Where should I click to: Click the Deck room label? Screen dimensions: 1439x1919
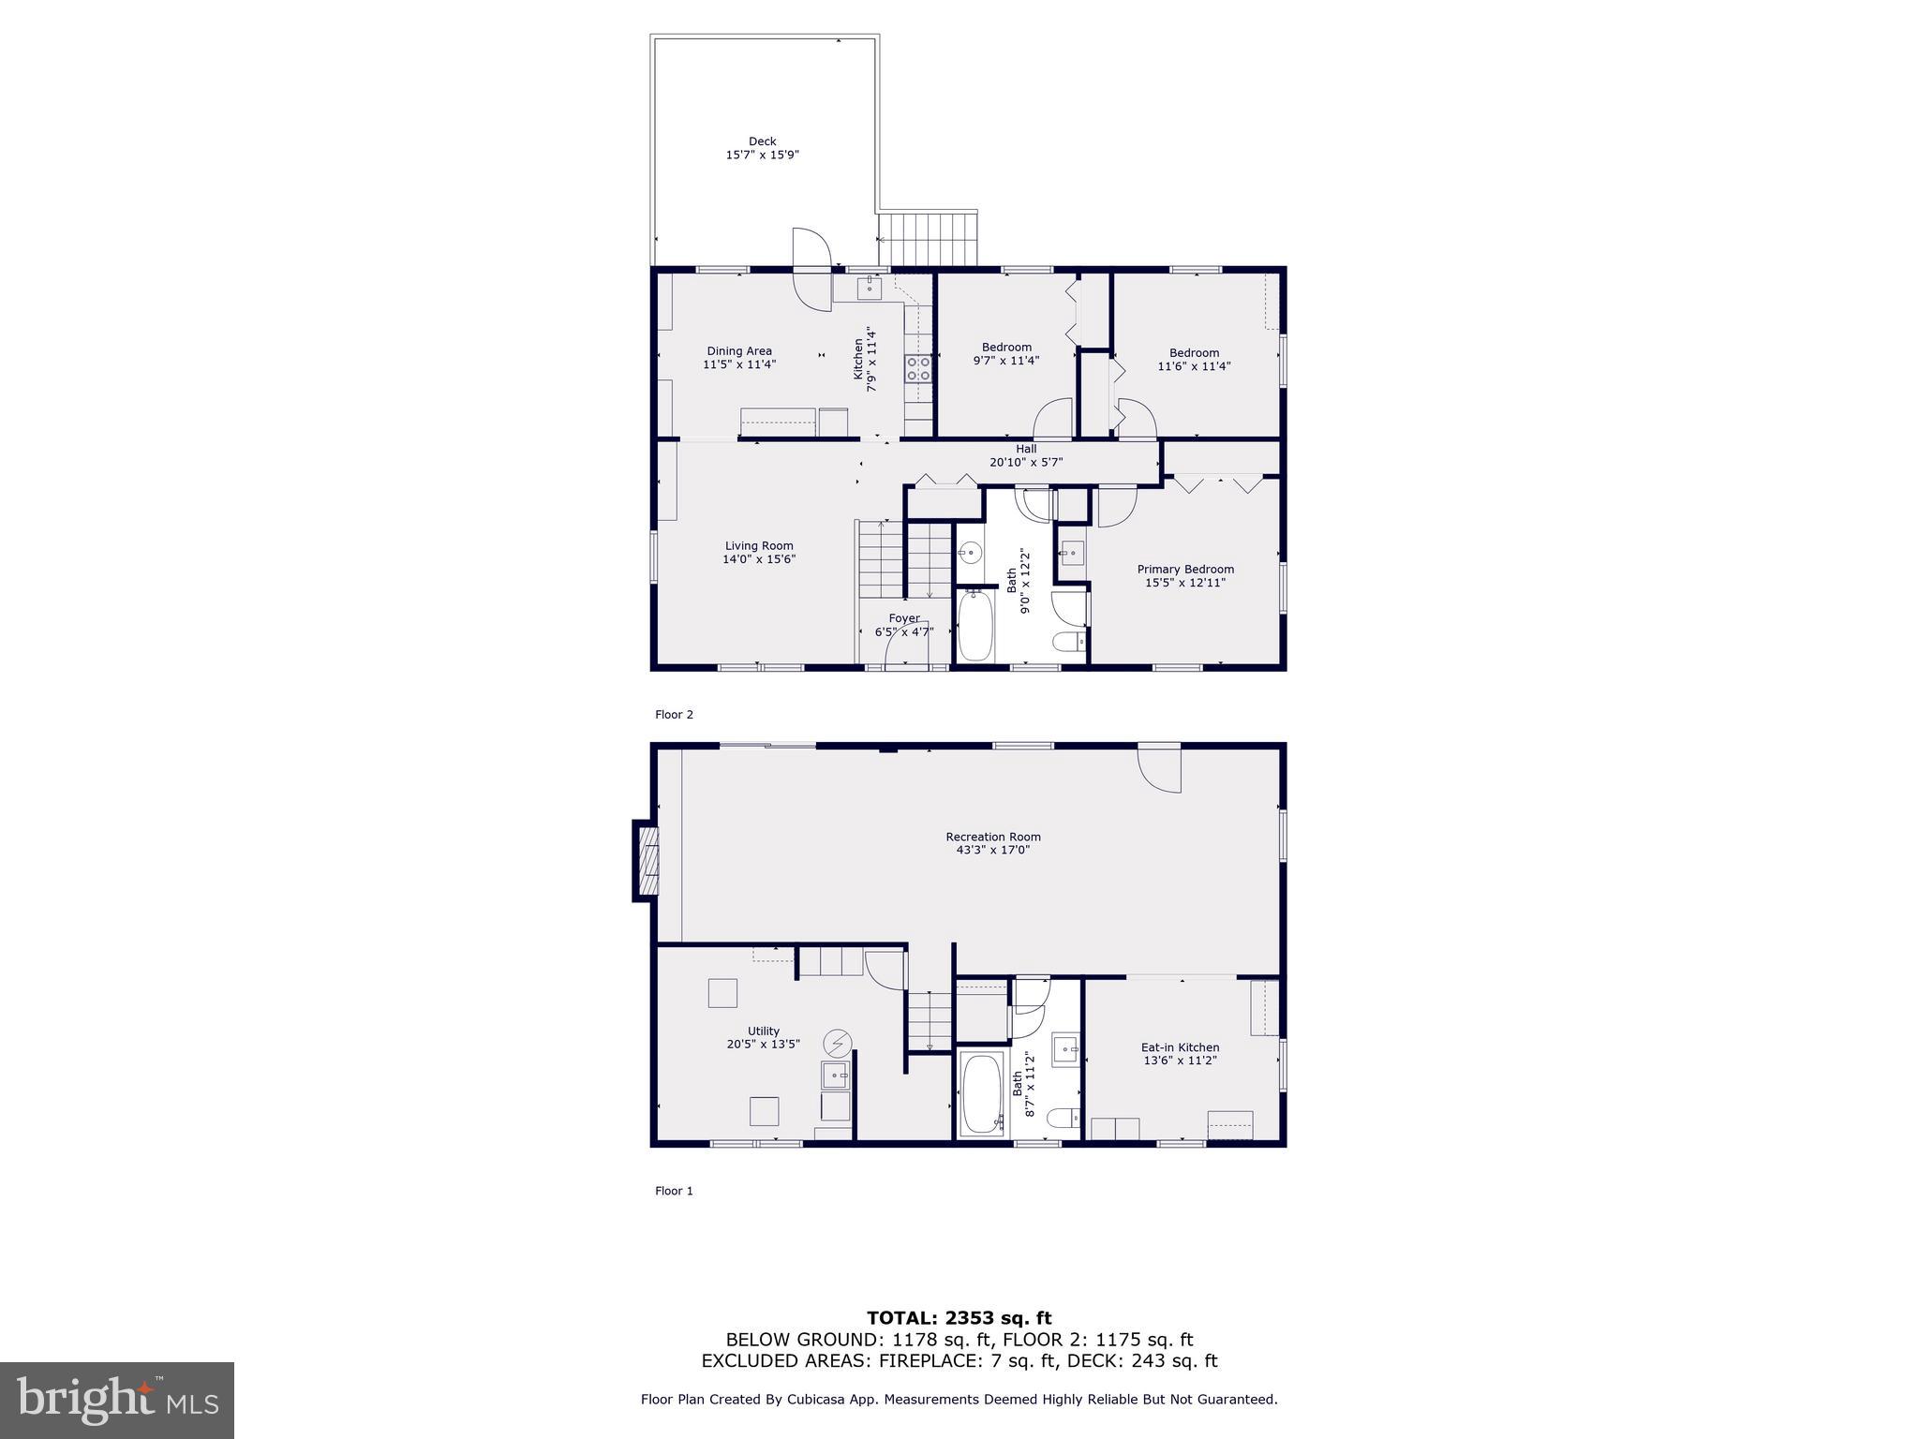(762, 141)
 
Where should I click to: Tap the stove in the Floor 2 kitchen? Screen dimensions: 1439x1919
(917, 368)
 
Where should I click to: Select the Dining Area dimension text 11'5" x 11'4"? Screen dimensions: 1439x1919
(739, 364)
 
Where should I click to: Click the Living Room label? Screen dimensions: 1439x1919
(758, 545)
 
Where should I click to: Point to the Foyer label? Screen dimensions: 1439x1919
(904, 618)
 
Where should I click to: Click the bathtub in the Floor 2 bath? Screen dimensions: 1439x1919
(974, 626)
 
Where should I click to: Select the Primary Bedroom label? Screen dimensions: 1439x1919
(1185, 569)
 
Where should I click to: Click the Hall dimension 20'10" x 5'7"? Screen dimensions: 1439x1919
(1026, 462)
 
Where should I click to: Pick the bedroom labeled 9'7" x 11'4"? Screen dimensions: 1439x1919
(1006, 353)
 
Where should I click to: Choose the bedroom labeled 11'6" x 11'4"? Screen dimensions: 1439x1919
(1194, 359)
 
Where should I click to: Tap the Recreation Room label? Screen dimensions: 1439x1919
(993, 837)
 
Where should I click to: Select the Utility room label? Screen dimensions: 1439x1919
(764, 1031)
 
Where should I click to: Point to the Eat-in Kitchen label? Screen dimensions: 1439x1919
(1180, 1047)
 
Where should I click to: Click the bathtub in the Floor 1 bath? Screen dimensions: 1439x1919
(981, 1093)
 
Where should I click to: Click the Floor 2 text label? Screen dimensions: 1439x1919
(674, 715)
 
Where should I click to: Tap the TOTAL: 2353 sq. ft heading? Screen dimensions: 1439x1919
(959, 1318)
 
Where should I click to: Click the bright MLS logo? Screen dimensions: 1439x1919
(117, 1400)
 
